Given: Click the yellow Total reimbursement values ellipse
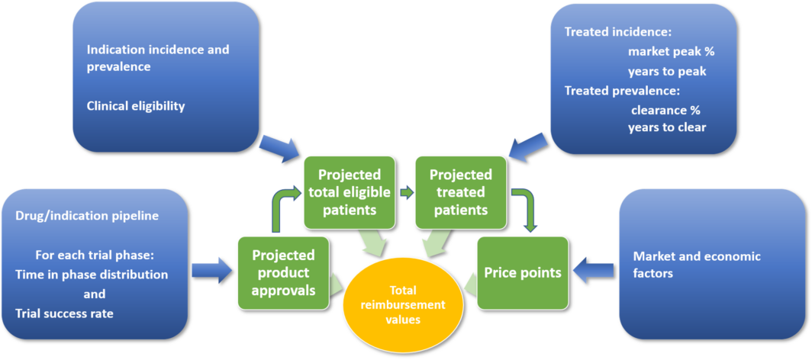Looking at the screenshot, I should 404,304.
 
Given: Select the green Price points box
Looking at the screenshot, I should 523,272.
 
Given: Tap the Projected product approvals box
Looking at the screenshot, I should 283,272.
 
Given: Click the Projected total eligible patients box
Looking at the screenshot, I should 350,191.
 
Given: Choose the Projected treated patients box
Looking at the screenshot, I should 460,191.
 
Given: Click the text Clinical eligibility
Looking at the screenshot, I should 136,106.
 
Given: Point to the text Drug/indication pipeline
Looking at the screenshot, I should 87,216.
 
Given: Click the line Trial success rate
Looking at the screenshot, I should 64,313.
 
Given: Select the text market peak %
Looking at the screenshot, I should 671,52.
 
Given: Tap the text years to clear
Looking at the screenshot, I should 667,127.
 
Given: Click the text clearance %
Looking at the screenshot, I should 665,109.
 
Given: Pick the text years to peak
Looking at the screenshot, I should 667,71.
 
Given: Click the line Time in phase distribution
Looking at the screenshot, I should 92,274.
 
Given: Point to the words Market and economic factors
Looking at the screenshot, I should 697,264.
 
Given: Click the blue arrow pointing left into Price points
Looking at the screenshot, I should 593,268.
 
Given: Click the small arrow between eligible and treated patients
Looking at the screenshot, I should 406,192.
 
